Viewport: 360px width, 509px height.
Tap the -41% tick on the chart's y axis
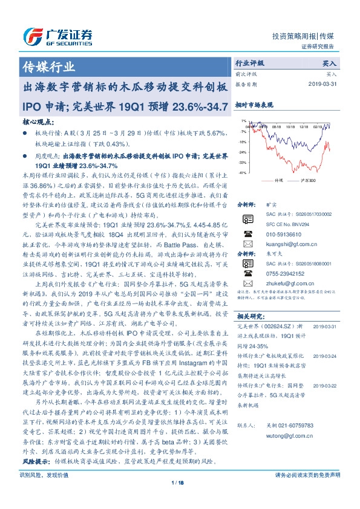[x=242, y=173]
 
